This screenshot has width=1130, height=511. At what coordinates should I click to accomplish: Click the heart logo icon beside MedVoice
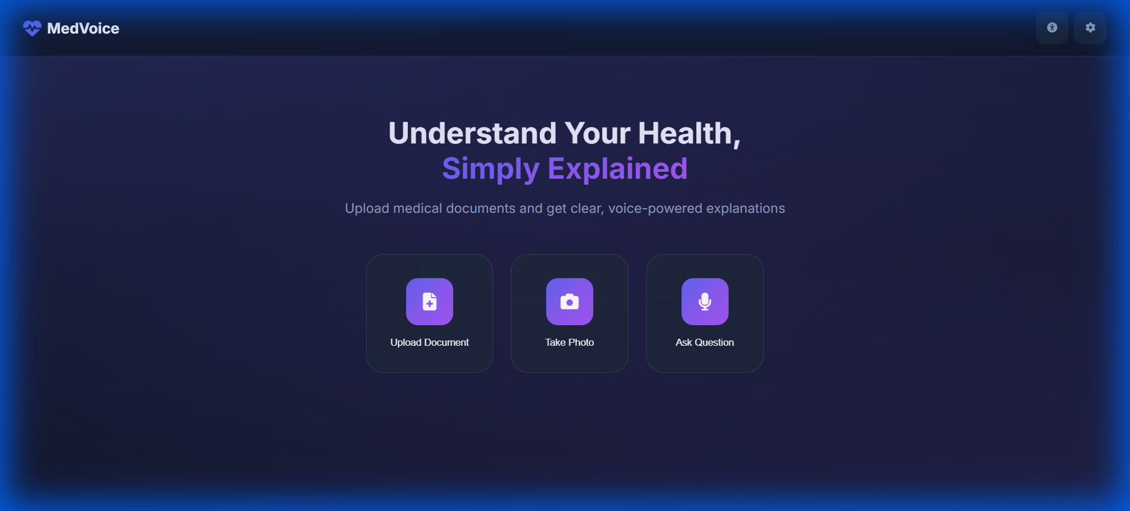coord(32,28)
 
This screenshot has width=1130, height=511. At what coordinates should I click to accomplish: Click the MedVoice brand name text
coord(83,28)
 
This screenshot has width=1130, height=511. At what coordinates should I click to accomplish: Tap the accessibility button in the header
coord(1052,28)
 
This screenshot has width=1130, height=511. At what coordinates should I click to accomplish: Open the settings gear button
coord(1090,28)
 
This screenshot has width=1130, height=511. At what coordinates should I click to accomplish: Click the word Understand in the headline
coord(472,133)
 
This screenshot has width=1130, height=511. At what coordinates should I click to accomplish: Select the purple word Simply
coord(490,169)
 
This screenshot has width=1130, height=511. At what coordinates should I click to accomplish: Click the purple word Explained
coord(617,169)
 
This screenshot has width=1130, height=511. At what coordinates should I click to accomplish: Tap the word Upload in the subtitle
coord(367,208)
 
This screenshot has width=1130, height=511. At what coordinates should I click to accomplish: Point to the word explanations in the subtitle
coord(746,208)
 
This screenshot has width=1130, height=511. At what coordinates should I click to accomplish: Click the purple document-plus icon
coord(430,302)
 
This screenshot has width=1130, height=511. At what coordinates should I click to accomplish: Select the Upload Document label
coord(430,342)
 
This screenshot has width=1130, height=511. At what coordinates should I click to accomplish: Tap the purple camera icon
coord(569,302)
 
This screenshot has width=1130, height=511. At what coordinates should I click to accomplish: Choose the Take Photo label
coord(569,342)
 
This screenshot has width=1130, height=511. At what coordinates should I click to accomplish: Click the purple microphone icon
coord(704,302)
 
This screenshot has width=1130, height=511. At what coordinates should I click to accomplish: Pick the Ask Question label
coord(704,342)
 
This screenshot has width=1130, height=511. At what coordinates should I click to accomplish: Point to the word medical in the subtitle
coord(417,208)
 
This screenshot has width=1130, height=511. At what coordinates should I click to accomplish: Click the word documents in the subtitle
coord(480,208)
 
